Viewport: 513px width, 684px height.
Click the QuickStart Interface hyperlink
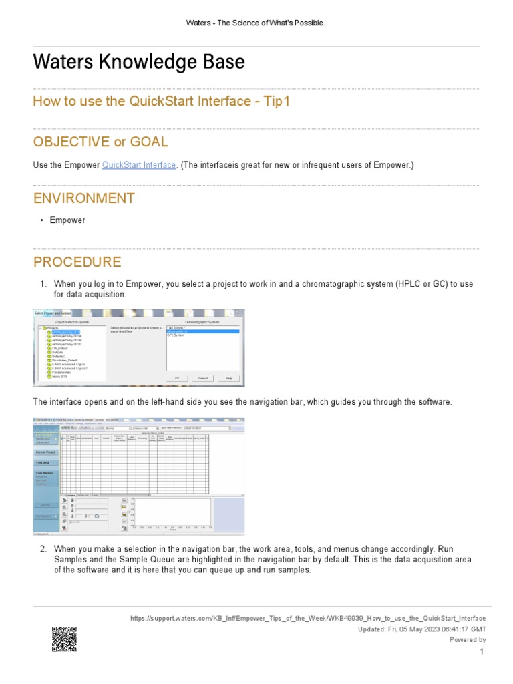(x=139, y=165)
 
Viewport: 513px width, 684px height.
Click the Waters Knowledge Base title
(x=139, y=62)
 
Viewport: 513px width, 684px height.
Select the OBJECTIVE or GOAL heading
(x=101, y=142)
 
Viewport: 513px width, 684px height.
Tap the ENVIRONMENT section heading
(x=84, y=198)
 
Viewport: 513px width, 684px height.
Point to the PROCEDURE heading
(x=77, y=262)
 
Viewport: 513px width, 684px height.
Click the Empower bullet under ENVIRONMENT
(x=67, y=220)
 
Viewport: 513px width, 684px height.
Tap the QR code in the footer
(x=64, y=639)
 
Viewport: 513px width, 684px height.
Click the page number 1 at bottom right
(x=481, y=651)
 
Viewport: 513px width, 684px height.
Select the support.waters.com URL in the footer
(x=307, y=619)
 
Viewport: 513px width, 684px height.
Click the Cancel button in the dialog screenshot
(x=203, y=378)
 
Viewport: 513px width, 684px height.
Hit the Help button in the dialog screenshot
(x=229, y=378)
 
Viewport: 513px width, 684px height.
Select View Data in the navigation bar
(x=44, y=462)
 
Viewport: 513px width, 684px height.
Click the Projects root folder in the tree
(x=50, y=328)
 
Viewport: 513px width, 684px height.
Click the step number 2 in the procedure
(x=43, y=549)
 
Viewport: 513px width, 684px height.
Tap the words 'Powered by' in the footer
(x=468, y=639)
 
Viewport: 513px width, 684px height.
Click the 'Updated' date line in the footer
(x=422, y=629)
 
